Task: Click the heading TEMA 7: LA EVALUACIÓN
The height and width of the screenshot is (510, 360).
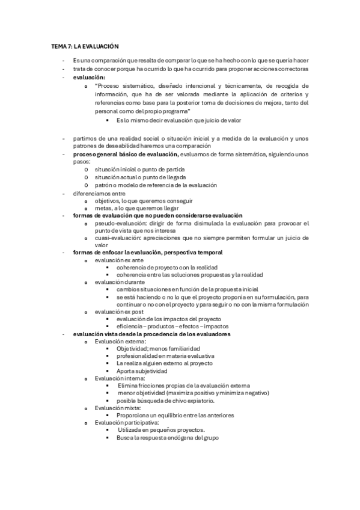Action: point(84,46)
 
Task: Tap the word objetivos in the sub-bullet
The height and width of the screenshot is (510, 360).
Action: point(108,201)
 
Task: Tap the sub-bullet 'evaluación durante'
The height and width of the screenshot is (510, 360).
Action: point(118,282)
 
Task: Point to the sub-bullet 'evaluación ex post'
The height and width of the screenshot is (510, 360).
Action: point(119,312)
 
